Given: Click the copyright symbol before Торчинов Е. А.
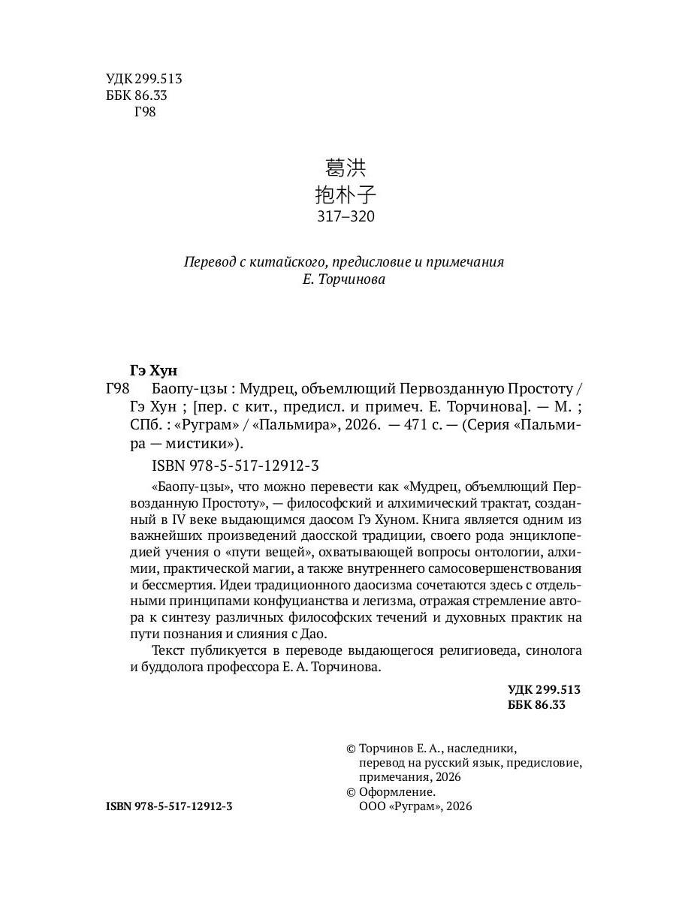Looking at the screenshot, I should [x=350, y=748].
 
